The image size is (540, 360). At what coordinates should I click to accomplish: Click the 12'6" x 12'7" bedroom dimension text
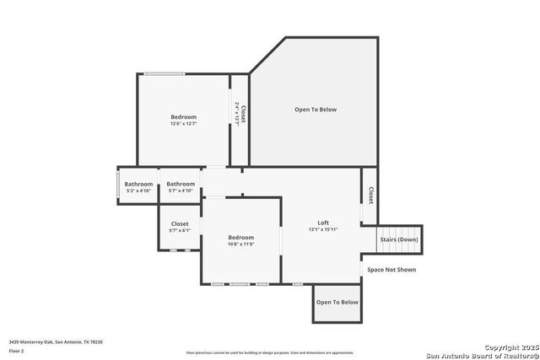[x=183, y=124]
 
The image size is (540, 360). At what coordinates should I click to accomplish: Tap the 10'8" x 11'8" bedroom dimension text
[x=240, y=244]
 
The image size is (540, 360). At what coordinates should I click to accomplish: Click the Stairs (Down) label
[x=399, y=239]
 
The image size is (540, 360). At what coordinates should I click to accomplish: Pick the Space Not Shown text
[x=391, y=270]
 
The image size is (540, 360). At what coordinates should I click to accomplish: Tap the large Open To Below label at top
[x=316, y=110]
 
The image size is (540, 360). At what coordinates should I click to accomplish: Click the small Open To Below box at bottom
[x=337, y=302]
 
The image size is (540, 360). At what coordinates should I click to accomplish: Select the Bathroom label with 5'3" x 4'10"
[x=138, y=184]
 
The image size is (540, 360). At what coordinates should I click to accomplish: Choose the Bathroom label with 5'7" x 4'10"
[x=181, y=184]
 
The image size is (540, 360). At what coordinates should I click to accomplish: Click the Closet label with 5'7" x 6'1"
[x=180, y=223]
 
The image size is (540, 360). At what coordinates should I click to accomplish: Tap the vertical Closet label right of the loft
[x=370, y=195]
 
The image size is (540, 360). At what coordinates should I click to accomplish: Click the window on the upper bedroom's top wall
[x=165, y=74]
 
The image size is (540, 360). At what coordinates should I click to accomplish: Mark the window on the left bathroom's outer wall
[x=118, y=185]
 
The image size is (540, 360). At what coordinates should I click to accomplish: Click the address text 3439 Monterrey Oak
[x=56, y=341]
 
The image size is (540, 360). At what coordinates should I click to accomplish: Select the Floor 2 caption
[x=17, y=351]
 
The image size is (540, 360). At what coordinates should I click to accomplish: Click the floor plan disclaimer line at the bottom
[x=270, y=352]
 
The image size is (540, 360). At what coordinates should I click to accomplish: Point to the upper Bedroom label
[x=183, y=116]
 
